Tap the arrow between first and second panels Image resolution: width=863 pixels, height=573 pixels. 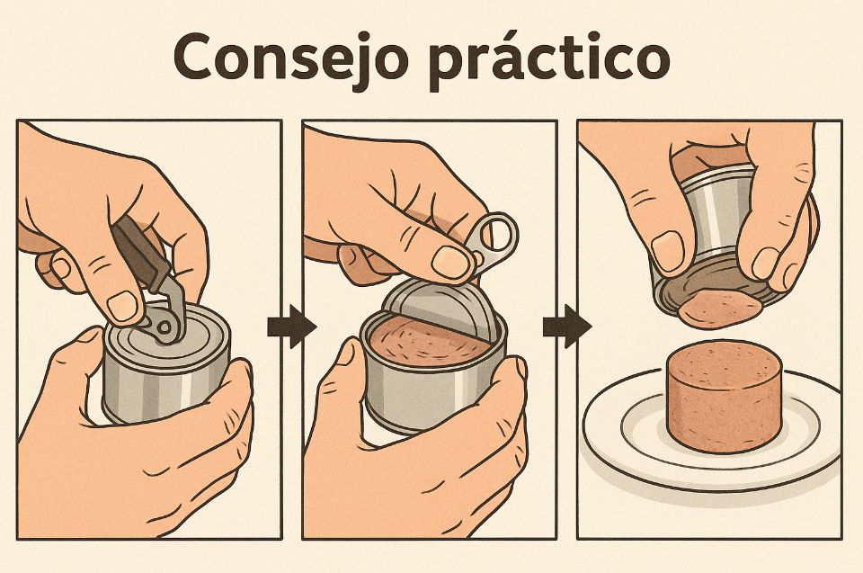[291, 327]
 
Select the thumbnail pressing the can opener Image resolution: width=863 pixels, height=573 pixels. [122, 306]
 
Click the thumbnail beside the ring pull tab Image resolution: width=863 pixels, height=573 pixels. [450, 262]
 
